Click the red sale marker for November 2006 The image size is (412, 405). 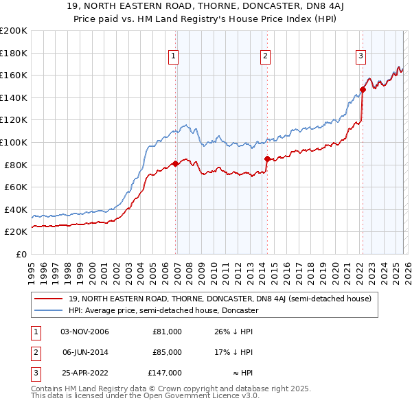175,163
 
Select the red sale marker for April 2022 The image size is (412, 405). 363,89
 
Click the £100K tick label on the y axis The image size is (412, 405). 14,142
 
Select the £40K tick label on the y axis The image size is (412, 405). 16,209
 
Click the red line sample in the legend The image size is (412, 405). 49,299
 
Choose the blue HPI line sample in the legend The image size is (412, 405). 49,310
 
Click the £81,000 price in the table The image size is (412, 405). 167,332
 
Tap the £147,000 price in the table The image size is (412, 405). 165,373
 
